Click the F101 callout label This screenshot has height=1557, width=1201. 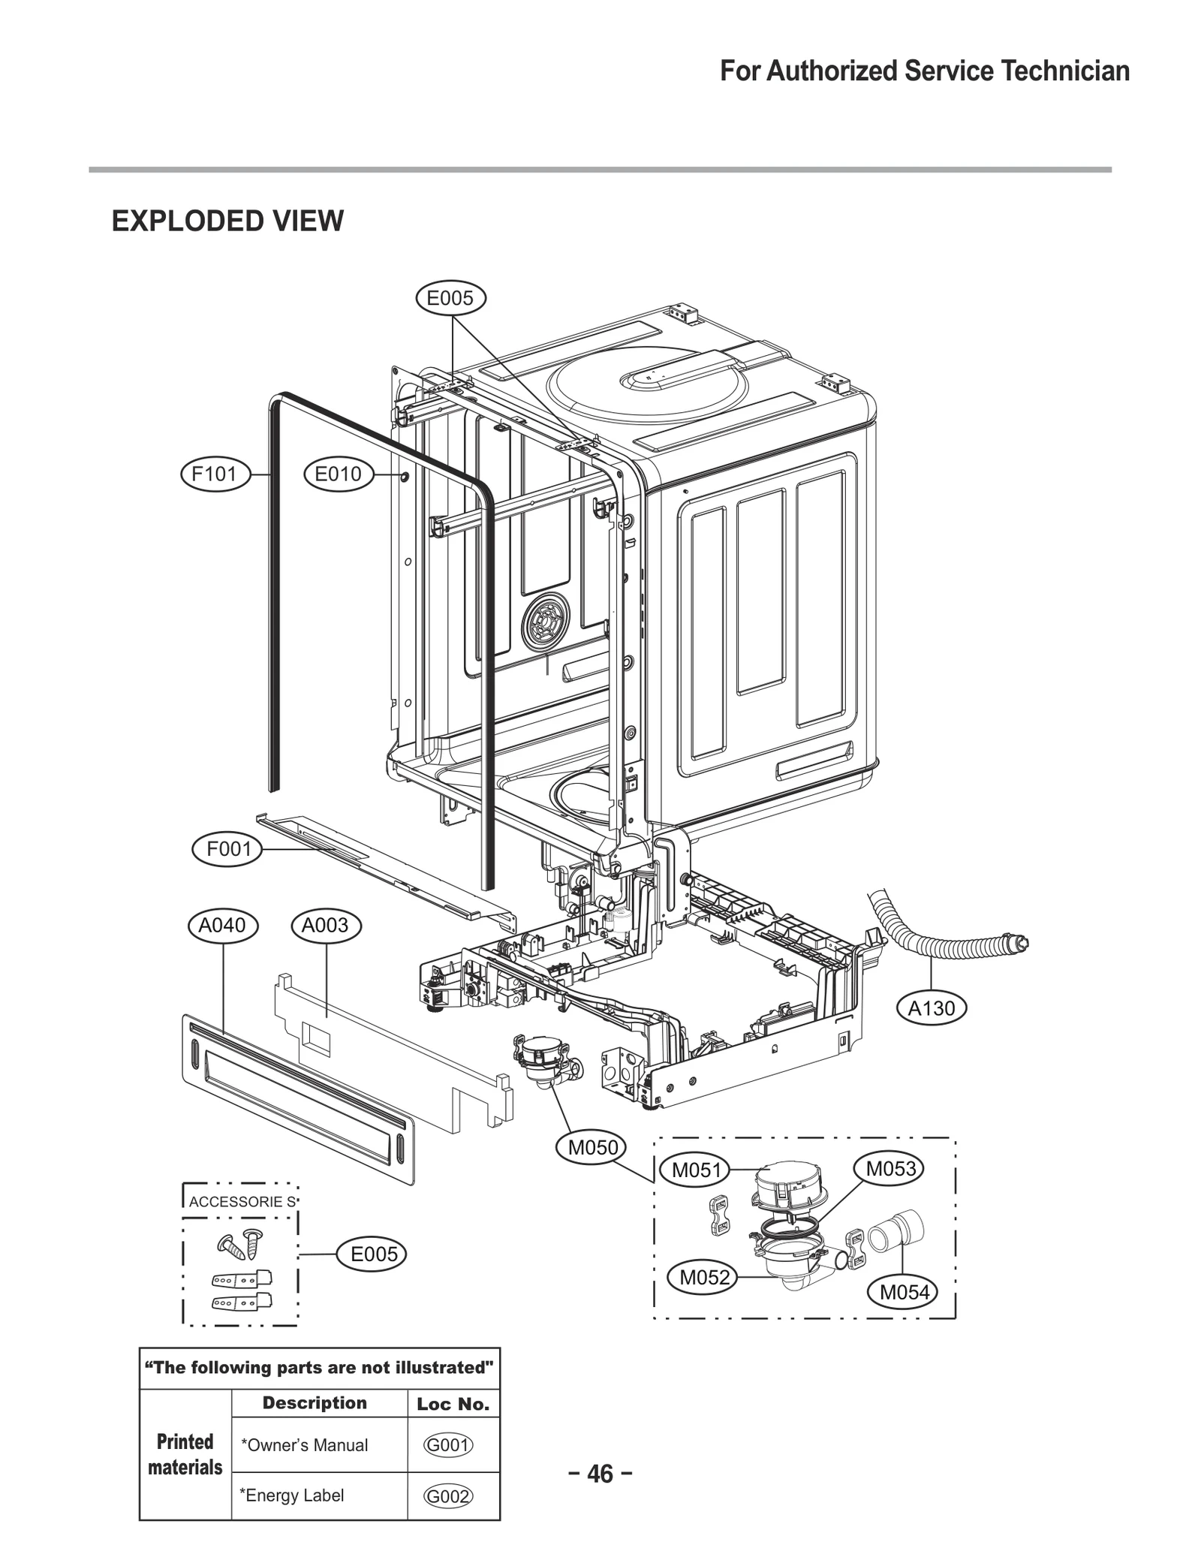click(x=215, y=474)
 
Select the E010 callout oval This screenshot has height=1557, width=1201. click(x=339, y=474)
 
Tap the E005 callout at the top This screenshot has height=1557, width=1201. click(x=450, y=299)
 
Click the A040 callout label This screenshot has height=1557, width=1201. click(x=222, y=926)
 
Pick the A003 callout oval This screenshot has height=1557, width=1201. click(x=325, y=926)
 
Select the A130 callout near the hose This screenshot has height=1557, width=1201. click(x=932, y=1008)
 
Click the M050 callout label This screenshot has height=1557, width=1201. click(x=593, y=1147)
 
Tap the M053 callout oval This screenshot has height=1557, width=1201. click(x=890, y=1169)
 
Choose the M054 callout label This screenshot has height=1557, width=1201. click(x=904, y=1292)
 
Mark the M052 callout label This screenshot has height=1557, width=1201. click(x=704, y=1278)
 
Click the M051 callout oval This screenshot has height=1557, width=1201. click(x=696, y=1170)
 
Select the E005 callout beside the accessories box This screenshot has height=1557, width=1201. click(x=373, y=1254)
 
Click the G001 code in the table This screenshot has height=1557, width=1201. click(x=448, y=1445)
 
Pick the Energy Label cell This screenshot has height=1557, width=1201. click(x=291, y=1495)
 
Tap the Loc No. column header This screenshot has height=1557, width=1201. click(x=453, y=1404)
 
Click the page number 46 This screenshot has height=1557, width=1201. click(x=600, y=1474)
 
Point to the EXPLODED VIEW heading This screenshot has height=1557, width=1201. click(x=227, y=221)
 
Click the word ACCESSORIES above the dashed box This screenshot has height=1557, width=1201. click(x=242, y=1202)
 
